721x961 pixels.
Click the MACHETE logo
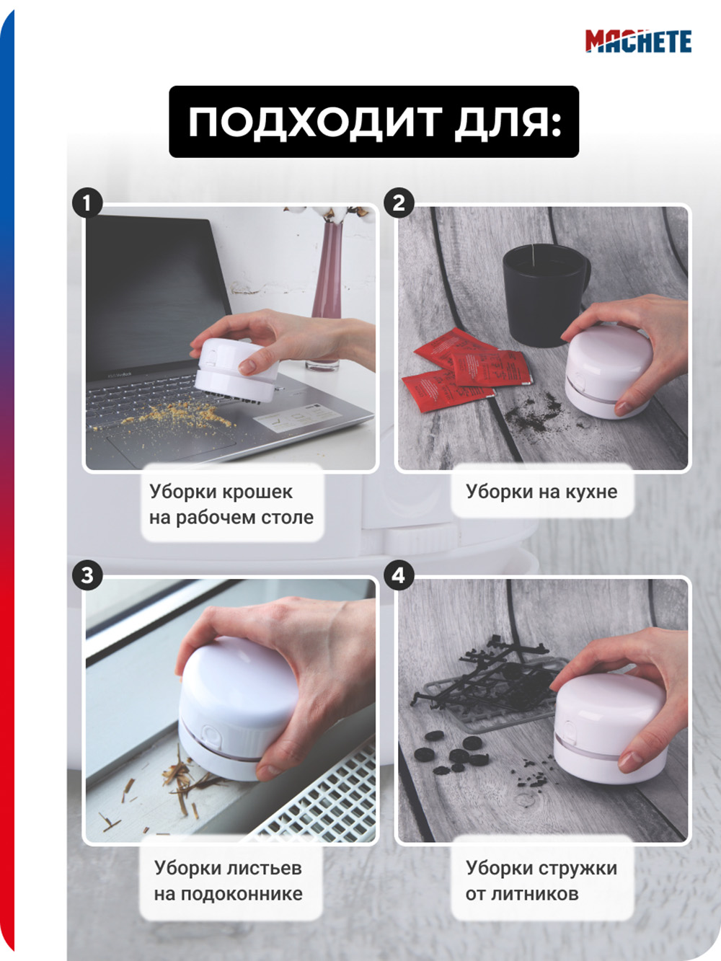[639, 41]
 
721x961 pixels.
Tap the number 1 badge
[87, 203]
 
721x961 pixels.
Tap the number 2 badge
[399, 203]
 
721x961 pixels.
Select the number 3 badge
[87, 575]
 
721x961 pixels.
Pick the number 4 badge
[399, 575]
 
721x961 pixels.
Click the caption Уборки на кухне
[541, 492]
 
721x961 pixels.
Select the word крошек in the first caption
[257, 492]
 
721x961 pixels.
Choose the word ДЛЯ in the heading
[508, 123]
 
